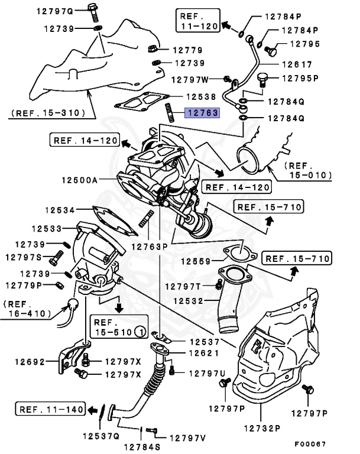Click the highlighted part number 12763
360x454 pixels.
pyautogui.click(x=203, y=113)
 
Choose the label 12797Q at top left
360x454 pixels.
pyautogui.click(x=54, y=11)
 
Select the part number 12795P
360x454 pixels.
pyautogui.click(x=300, y=78)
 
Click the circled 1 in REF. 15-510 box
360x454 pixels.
pyautogui.click(x=140, y=332)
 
